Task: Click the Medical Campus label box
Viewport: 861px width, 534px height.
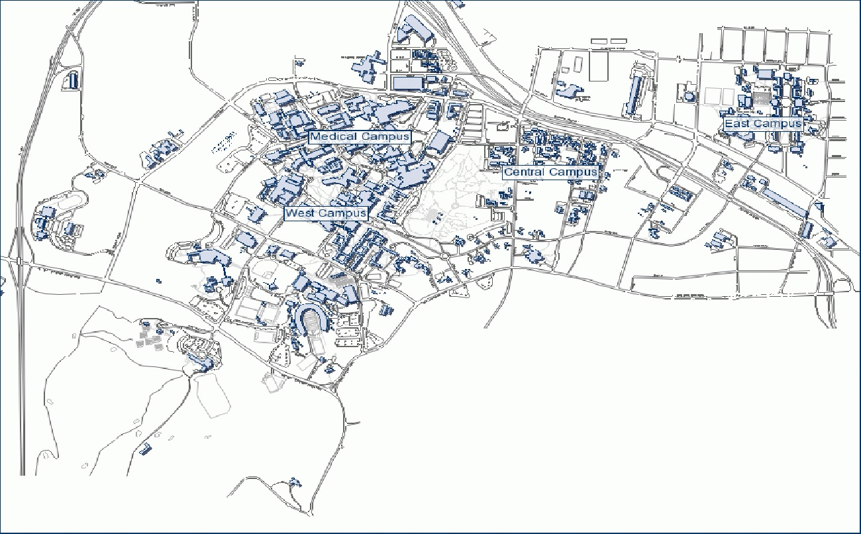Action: [x=360, y=136]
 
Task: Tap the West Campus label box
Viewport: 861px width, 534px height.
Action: [x=325, y=213]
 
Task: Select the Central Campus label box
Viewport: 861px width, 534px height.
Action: [x=550, y=172]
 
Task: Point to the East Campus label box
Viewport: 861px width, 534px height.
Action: [x=762, y=124]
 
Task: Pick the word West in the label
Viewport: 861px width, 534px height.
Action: [x=300, y=213]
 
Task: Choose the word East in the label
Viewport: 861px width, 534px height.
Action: [x=737, y=124]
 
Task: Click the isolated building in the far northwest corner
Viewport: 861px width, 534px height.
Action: [x=73, y=81]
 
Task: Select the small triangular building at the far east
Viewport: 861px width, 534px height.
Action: [x=819, y=206]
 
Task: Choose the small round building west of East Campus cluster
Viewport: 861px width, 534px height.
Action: [x=691, y=97]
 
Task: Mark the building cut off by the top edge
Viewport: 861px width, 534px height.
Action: [x=458, y=3]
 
